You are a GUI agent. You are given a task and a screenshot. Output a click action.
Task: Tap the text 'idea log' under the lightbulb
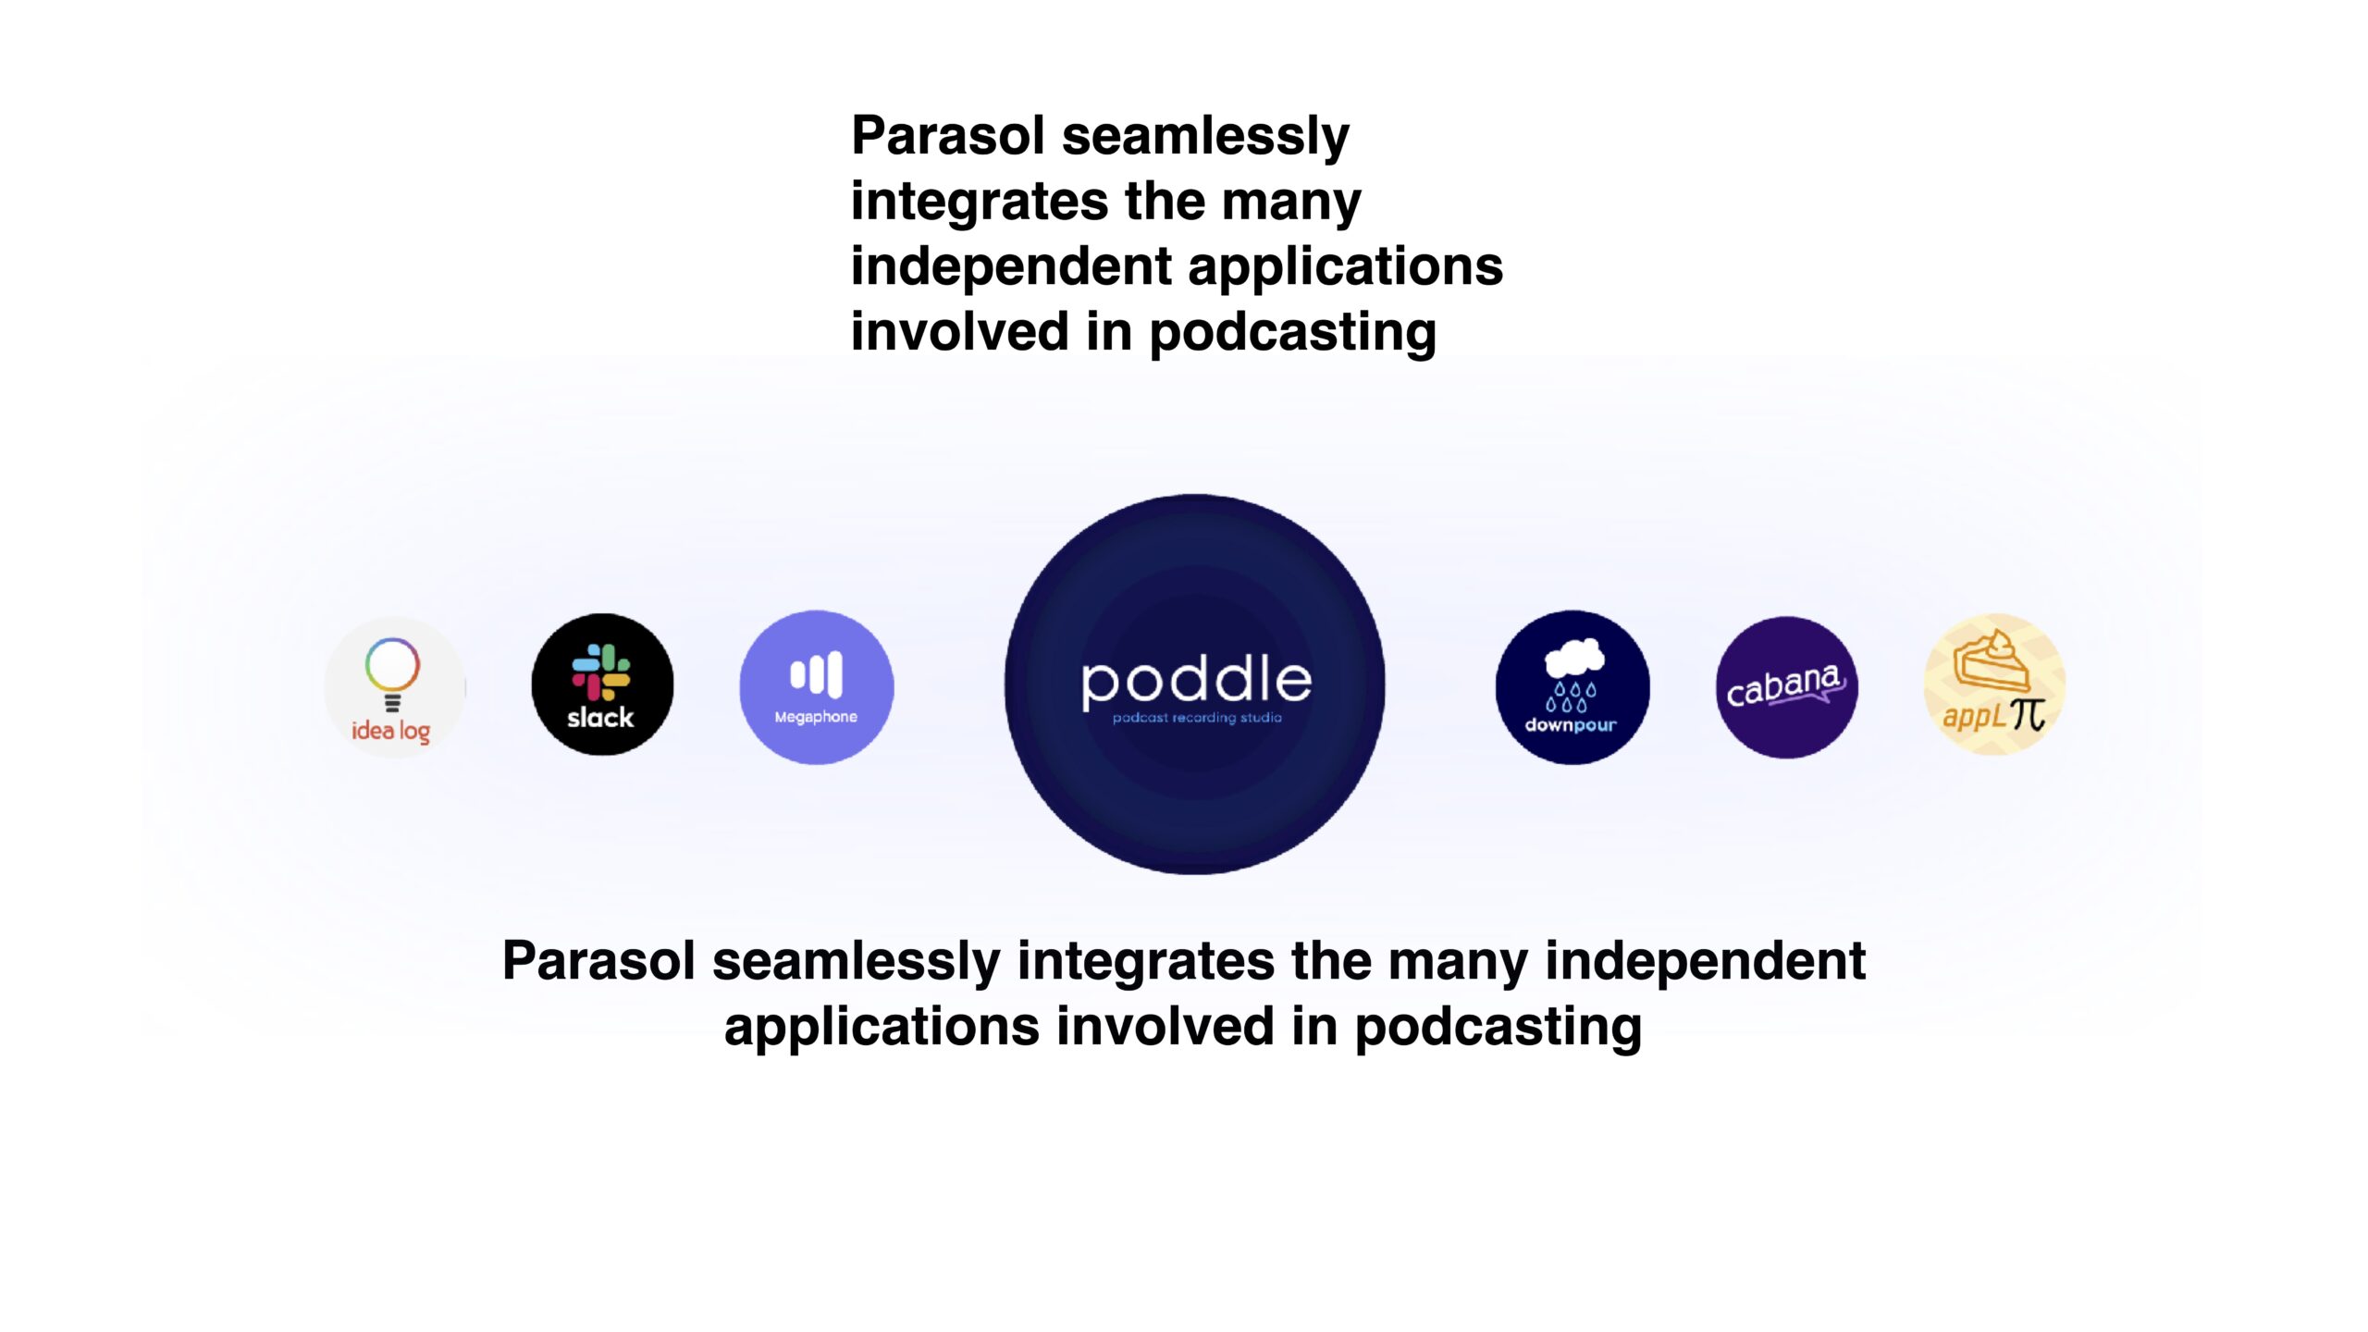click(x=390, y=732)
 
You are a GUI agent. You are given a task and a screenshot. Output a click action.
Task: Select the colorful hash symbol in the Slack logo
click(x=601, y=672)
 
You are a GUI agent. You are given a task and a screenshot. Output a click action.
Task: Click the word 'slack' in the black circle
click(x=600, y=717)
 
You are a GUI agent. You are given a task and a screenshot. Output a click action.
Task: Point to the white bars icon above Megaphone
click(x=816, y=674)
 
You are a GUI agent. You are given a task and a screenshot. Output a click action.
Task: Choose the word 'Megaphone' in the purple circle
click(x=816, y=717)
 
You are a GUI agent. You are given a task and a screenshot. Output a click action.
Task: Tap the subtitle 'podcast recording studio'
click(x=1197, y=718)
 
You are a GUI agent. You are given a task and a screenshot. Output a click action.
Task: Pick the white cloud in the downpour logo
click(x=1574, y=657)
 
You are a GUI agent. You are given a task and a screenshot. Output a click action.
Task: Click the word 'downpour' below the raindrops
click(x=1571, y=725)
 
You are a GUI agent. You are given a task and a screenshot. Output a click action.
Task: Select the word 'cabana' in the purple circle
click(x=1783, y=685)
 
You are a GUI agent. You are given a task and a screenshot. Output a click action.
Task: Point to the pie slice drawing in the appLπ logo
click(x=1992, y=660)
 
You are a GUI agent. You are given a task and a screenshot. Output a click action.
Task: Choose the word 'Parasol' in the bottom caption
click(x=598, y=960)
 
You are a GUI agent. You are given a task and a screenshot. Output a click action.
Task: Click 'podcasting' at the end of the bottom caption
click(x=1498, y=1029)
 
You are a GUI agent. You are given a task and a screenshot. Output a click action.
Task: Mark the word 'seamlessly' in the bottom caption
click(x=857, y=962)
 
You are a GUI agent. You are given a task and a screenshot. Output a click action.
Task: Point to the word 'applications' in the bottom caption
click(x=882, y=1028)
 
